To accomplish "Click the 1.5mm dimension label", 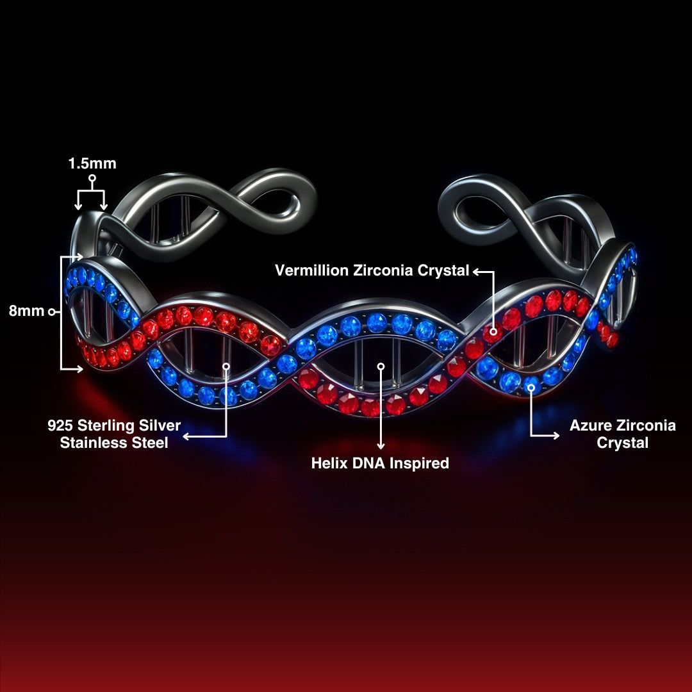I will click(92, 163).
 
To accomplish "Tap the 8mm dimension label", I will click(27, 311).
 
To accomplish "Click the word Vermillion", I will click(312, 270).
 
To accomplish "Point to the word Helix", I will click(329, 463).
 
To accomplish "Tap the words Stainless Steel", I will click(114, 443).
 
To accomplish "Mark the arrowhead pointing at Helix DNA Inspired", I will click(381, 446).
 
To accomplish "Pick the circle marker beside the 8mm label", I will click(51, 312).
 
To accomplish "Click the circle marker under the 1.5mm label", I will click(92, 178).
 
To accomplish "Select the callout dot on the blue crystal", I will click(531, 388).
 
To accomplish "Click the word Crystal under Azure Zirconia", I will click(622, 443).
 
